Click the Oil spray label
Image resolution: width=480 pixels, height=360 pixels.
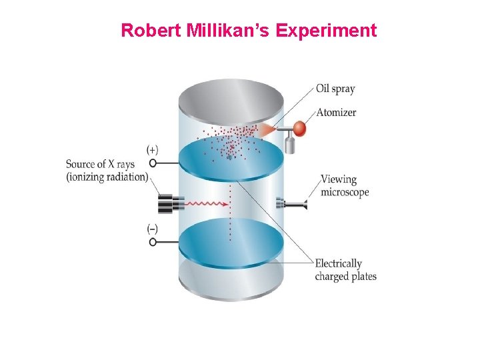tap(335, 89)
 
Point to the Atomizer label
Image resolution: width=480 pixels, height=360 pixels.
tap(336, 112)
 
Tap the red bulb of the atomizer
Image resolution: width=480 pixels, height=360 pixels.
tap(299, 128)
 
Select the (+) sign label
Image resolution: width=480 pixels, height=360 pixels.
tap(153, 149)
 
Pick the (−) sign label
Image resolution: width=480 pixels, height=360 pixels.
tap(153, 229)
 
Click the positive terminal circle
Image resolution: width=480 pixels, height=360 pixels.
tap(153, 163)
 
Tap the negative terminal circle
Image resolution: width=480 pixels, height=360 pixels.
tap(153, 242)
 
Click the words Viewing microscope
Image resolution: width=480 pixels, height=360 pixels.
tap(344, 185)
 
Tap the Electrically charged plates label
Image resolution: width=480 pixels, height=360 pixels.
tap(345, 270)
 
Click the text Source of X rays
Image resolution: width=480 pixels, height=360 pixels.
tap(107, 164)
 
